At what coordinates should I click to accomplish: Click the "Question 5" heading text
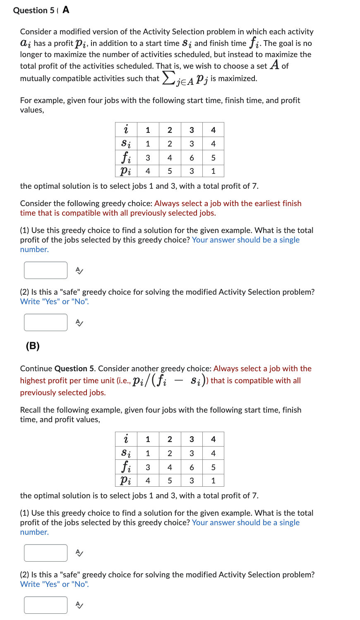click(x=33, y=10)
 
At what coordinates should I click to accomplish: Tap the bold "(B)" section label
click(x=33, y=346)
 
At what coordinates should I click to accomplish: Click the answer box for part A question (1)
click(x=46, y=270)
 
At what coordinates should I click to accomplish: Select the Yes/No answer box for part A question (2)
click(x=46, y=322)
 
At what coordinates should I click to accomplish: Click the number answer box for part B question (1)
click(x=46, y=553)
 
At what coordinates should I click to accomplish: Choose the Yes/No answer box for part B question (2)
click(x=46, y=605)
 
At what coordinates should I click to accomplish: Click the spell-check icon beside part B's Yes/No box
click(x=79, y=605)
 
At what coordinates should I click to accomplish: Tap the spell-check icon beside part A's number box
click(x=79, y=271)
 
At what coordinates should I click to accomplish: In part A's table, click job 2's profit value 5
click(x=170, y=171)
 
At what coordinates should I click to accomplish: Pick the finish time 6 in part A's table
click(x=192, y=158)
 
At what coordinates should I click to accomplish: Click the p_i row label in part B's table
click(x=126, y=481)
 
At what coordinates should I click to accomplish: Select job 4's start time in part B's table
click(x=213, y=453)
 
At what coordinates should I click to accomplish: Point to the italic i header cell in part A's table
click(x=126, y=130)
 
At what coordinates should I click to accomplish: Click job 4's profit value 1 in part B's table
click(x=213, y=481)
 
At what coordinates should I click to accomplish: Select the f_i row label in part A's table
click(x=126, y=158)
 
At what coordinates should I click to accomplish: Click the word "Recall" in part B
click(x=30, y=410)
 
